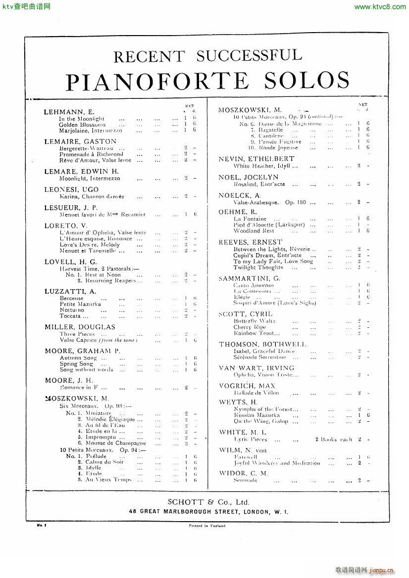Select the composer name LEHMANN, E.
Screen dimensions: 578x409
tap(69, 112)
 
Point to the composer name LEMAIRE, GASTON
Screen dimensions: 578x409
tap(80, 141)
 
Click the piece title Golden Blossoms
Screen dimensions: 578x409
tap(82, 125)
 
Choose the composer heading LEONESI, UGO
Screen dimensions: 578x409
tap(71, 189)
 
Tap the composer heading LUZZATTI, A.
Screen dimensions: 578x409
tap(70, 292)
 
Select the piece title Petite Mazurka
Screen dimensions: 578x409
tap(80, 304)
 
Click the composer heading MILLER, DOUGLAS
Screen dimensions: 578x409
tap(80, 327)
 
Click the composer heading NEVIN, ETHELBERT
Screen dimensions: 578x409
tap(256, 159)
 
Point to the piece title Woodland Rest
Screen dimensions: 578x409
tap(254, 231)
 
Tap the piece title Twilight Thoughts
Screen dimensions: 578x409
tap(258, 267)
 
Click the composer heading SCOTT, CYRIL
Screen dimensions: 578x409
tap(246, 314)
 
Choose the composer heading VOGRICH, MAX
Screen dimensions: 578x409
tap(247, 386)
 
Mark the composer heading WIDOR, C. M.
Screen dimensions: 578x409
tap(243, 473)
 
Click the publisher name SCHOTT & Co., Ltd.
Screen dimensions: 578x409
tap(207, 501)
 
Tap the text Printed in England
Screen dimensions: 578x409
tap(206, 527)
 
